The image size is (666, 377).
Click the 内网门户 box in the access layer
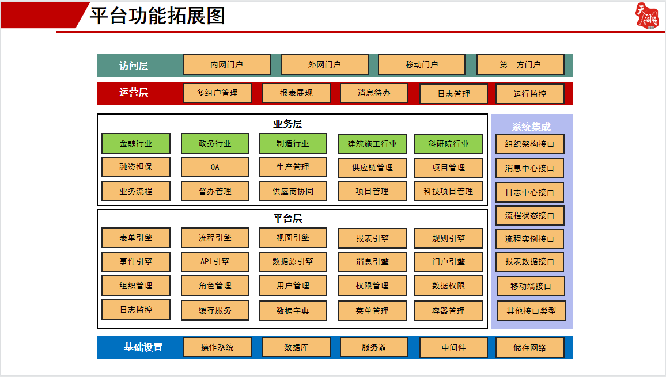226,64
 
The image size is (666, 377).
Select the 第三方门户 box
520,64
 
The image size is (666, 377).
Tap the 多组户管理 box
217,93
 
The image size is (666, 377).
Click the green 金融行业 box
136,143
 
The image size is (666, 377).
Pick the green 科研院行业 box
448,144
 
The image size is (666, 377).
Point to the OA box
215,167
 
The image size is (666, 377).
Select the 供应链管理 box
372,167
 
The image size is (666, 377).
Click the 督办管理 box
215,191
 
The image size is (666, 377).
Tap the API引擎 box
215,261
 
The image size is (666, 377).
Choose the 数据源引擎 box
293,261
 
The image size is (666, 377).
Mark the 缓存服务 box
215,310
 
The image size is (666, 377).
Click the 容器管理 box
448,311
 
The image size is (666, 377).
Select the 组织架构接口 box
530,144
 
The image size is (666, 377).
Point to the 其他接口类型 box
531,311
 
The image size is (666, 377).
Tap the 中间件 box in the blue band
453,348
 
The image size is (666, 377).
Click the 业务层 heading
287,124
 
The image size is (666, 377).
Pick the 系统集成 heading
531,127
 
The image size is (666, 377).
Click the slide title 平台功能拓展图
157,16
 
